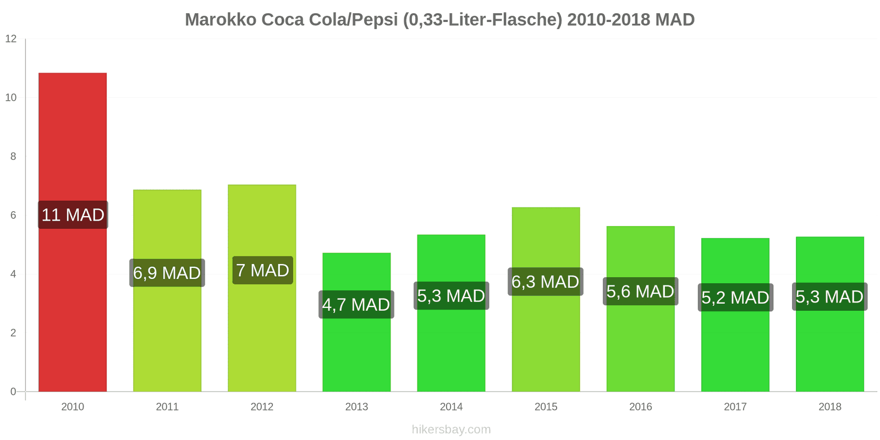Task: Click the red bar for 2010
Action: tap(73, 137)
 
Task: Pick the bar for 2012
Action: tap(262, 220)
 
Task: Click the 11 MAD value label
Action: tap(73, 215)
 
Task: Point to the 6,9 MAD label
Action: tap(167, 273)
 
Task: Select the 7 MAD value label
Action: tap(262, 271)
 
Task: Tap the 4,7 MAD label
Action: tap(356, 305)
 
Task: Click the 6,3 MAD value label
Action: tap(546, 282)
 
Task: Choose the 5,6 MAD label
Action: tap(640, 291)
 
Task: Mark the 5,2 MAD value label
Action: tap(735, 298)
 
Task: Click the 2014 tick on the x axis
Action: tap(451, 407)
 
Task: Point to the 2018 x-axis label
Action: tap(830, 407)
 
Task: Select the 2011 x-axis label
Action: tap(167, 407)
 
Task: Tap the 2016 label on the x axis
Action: tap(641, 407)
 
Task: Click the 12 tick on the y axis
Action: tap(11, 39)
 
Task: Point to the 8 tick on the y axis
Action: tap(13, 157)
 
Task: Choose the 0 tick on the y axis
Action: tap(13, 392)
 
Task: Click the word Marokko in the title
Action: tap(221, 20)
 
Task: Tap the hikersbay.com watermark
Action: tap(451, 430)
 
